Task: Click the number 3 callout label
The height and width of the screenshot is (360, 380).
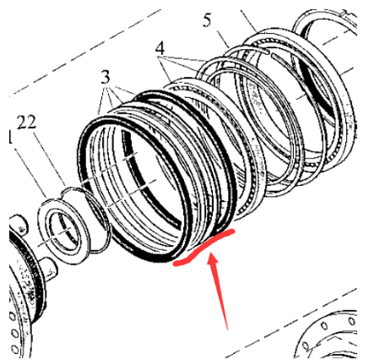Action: tap(105, 75)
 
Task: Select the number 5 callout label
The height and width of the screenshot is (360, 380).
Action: tap(207, 21)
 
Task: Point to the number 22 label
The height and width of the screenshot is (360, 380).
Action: tap(26, 123)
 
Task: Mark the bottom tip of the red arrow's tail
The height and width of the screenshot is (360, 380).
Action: tap(226, 326)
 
